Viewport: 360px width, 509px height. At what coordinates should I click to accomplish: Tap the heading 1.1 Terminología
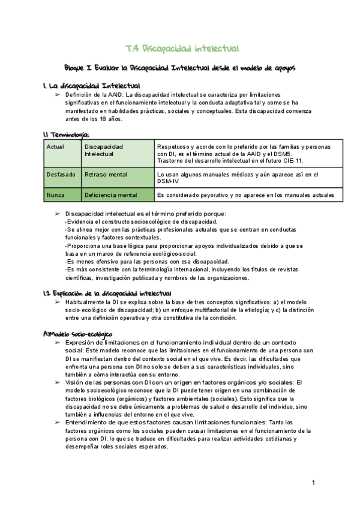click(67, 134)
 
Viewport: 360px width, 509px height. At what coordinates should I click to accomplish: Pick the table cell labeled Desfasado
click(61, 175)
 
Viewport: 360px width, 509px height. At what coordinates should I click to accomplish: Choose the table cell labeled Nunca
click(55, 194)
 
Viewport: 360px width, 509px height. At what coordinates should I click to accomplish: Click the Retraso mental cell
click(106, 175)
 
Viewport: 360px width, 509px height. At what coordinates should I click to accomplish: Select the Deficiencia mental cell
click(111, 194)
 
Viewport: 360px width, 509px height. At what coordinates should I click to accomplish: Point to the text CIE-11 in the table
click(290, 160)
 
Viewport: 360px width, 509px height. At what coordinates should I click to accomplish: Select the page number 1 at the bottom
click(313, 482)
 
